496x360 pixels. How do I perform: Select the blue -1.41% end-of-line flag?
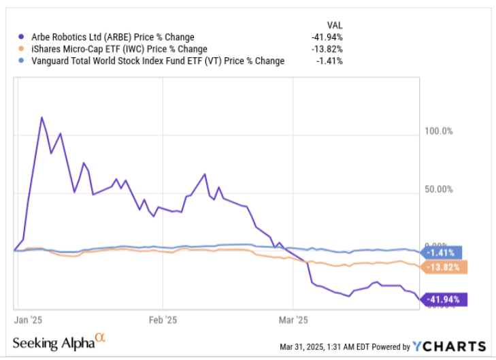click(443, 252)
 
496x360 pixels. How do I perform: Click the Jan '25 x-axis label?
click(29, 318)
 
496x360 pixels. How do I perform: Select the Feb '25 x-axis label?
click(163, 318)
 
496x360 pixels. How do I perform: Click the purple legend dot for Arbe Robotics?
click(22, 37)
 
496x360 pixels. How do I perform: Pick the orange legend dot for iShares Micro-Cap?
click(22, 49)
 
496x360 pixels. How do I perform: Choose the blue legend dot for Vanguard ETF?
click(22, 61)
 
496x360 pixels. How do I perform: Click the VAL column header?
click(334, 24)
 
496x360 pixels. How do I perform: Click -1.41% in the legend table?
click(329, 61)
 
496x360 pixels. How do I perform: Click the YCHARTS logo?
click(450, 346)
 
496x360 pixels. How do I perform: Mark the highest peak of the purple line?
click(42, 118)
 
